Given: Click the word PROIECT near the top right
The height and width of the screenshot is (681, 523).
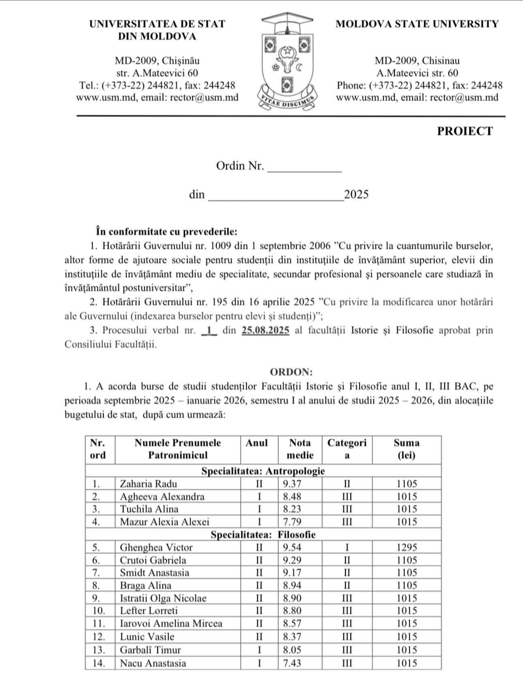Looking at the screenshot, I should click(x=465, y=131).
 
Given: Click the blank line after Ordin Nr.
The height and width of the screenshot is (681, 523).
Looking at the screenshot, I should click(x=305, y=169).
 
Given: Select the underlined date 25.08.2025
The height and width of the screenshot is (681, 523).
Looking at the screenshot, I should click(x=266, y=330).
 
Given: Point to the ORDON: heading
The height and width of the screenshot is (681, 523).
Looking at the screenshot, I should click(x=291, y=372).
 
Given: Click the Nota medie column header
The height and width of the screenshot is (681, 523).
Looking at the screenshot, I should click(x=300, y=449).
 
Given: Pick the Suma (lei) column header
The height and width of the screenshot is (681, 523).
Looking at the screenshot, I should click(x=407, y=449).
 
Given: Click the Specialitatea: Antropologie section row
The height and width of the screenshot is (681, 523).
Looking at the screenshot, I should click(x=263, y=471).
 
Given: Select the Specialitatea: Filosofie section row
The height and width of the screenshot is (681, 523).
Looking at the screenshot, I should click(x=263, y=535).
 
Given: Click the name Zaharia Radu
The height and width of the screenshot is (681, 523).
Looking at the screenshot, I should click(x=148, y=484).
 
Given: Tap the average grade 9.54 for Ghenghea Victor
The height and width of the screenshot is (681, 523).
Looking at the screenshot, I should click(x=292, y=548).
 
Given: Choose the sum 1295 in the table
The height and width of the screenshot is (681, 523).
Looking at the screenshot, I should click(x=407, y=548).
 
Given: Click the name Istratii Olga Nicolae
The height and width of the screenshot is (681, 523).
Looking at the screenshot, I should click(x=163, y=598).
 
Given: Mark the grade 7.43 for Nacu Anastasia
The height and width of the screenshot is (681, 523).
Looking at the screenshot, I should click(x=292, y=663).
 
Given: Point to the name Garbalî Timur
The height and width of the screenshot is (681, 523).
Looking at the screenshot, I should click(x=150, y=650).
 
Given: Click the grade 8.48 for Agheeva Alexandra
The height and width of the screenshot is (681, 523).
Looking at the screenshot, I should click(x=292, y=497).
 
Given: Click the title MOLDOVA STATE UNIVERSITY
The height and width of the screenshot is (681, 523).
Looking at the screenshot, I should click(x=417, y=24).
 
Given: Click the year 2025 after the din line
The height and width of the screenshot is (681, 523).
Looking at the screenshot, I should click(x=356, y=195).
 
